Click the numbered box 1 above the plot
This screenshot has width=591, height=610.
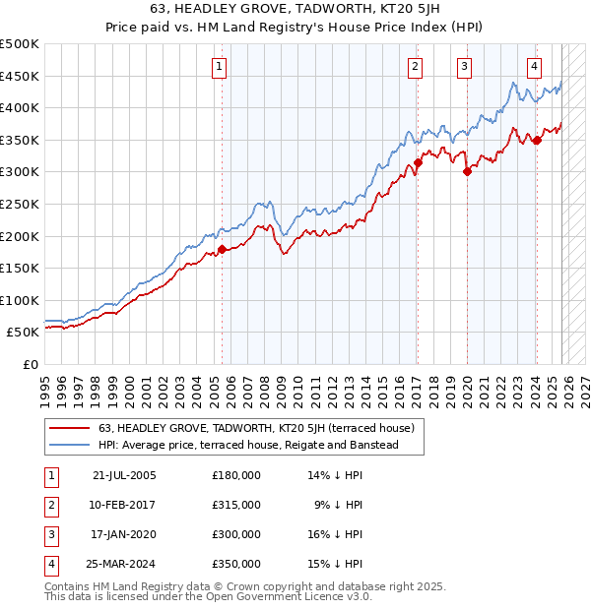219,67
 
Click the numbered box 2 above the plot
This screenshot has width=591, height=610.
416,67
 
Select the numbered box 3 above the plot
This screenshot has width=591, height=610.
464,67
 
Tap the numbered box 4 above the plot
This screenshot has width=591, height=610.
534,67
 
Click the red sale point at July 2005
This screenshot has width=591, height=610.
222,249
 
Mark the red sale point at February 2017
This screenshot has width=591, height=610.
418,162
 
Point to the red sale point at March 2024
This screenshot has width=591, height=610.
537,140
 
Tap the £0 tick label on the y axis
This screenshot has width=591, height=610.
31,364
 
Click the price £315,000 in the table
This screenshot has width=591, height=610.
236,505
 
